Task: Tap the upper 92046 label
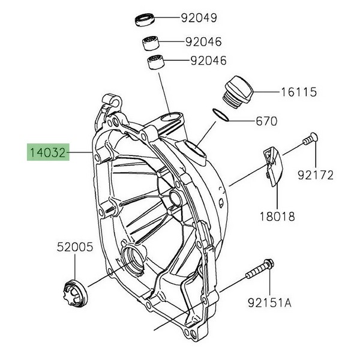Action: click(203, 42)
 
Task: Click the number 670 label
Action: click(266, 121)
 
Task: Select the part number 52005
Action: click(74, 246)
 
